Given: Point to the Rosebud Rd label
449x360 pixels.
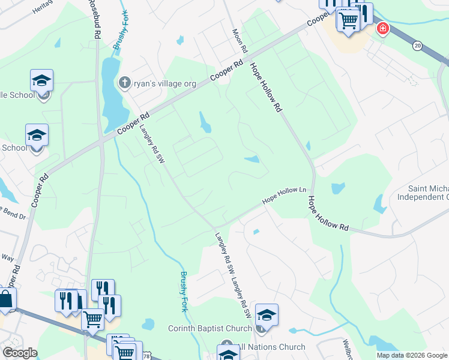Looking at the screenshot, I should (x=94, y=19).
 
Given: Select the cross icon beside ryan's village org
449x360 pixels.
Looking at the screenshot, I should (x=124, y=82).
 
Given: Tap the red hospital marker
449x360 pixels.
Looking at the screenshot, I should (x=382, y=29).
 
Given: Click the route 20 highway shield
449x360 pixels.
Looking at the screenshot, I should (x=417, y=46).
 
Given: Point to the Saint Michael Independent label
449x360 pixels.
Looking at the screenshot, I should (x=423, y=193).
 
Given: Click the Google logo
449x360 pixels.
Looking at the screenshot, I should (x=20, y=353).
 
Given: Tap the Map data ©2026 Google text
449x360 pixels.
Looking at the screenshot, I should (x=411, y=355).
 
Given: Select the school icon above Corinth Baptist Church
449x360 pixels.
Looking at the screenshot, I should (x=267, y=314).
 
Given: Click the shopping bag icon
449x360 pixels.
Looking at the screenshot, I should (x=5, y=299).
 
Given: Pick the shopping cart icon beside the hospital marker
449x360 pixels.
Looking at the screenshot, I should (x=348, y=20).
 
